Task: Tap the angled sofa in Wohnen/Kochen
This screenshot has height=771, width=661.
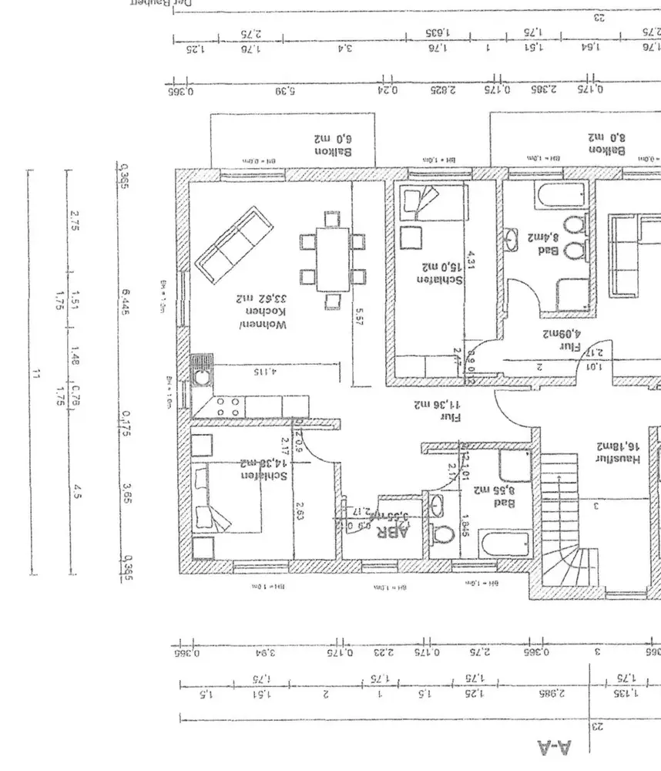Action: pyautogui.click(x=236, y=244)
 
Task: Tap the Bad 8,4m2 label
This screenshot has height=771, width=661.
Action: pyautogui.click(x=542, y=243)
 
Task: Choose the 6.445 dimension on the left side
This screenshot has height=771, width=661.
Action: pyautogui.click(x=126, y=298)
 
